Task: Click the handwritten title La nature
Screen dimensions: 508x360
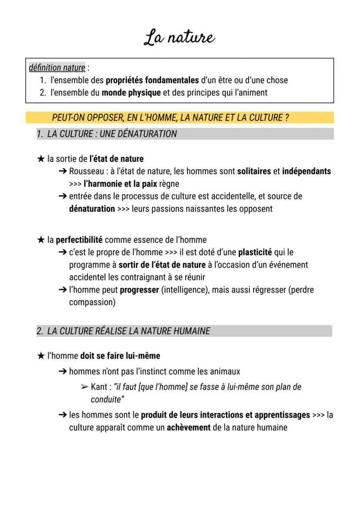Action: [180, 38]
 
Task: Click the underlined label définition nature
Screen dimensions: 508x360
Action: [57, 68]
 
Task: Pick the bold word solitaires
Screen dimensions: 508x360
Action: [254, 171]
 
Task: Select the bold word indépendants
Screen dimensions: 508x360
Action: [307, 171]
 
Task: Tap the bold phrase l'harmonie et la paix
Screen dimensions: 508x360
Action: [120, 184]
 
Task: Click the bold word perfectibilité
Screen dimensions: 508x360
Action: [79, 240]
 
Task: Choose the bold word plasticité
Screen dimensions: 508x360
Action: [255, 252]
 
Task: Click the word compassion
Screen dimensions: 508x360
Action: [92, 302]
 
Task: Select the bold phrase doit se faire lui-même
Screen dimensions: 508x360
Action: [120, 356]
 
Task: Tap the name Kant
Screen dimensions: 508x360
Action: [100, 387]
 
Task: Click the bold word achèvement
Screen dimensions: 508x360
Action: [189, 428]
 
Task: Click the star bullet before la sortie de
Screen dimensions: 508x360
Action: [40, 159]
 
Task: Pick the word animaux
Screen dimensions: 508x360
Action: [223, 372]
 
